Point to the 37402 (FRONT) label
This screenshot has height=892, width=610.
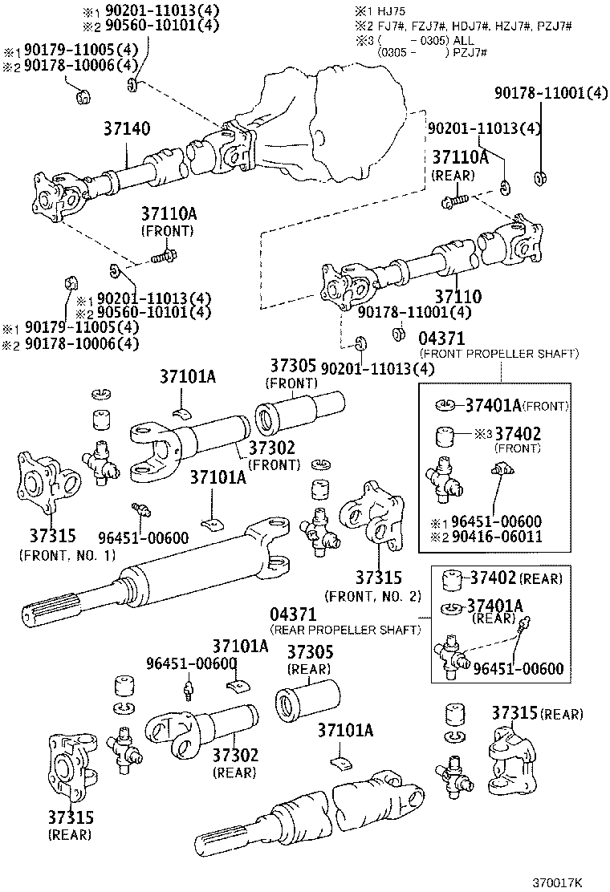(518, 434)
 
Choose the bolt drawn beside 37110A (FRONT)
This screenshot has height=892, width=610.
(164, 258)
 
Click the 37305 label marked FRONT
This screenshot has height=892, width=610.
(293, 367)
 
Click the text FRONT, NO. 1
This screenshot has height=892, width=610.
(67, 555)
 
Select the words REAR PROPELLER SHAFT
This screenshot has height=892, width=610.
(346, 630)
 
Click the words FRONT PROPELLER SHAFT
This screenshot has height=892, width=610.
(499, 353)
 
